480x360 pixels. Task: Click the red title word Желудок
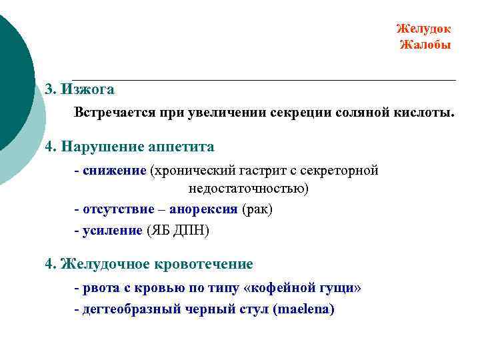[423, 29]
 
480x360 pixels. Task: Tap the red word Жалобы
[425, 45]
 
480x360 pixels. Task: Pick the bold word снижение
[114, 171]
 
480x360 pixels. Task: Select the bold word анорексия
[203, 209]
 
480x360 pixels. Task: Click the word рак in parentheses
[257, 209]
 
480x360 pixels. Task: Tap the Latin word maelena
[304, 309]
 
